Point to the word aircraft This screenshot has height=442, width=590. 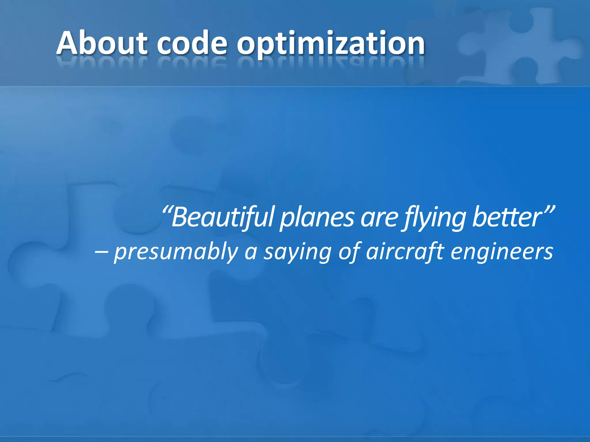405,251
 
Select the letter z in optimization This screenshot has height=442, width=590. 346,46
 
